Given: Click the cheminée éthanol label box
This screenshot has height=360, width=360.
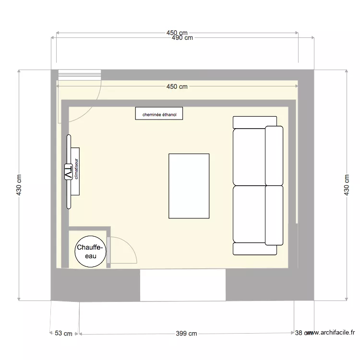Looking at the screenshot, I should coord(159,114).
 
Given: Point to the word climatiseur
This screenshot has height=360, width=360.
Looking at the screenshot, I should coord(76,171).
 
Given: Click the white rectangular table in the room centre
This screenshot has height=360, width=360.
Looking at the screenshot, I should coord(189,185).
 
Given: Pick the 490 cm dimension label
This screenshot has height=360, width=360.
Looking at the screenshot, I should coord(182,38).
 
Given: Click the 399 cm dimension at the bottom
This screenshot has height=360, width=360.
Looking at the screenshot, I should coord(186,334).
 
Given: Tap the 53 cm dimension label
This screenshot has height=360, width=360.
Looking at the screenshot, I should coord(63,334).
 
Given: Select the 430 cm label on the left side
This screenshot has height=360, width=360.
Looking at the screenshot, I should coord(19,184).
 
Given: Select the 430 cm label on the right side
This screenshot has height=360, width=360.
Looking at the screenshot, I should coord(347,184).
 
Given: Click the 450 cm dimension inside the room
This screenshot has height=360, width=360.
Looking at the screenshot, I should coord(177,87).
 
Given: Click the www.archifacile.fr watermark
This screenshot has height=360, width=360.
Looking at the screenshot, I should coord(331,332).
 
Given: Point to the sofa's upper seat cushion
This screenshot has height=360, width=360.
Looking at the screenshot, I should coord(249,156).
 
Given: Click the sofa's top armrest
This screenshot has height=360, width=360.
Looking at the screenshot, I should coord(254,122).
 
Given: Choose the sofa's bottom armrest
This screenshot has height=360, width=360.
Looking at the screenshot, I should coord(254,249).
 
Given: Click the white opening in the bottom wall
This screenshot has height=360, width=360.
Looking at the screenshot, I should coord(183,285).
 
